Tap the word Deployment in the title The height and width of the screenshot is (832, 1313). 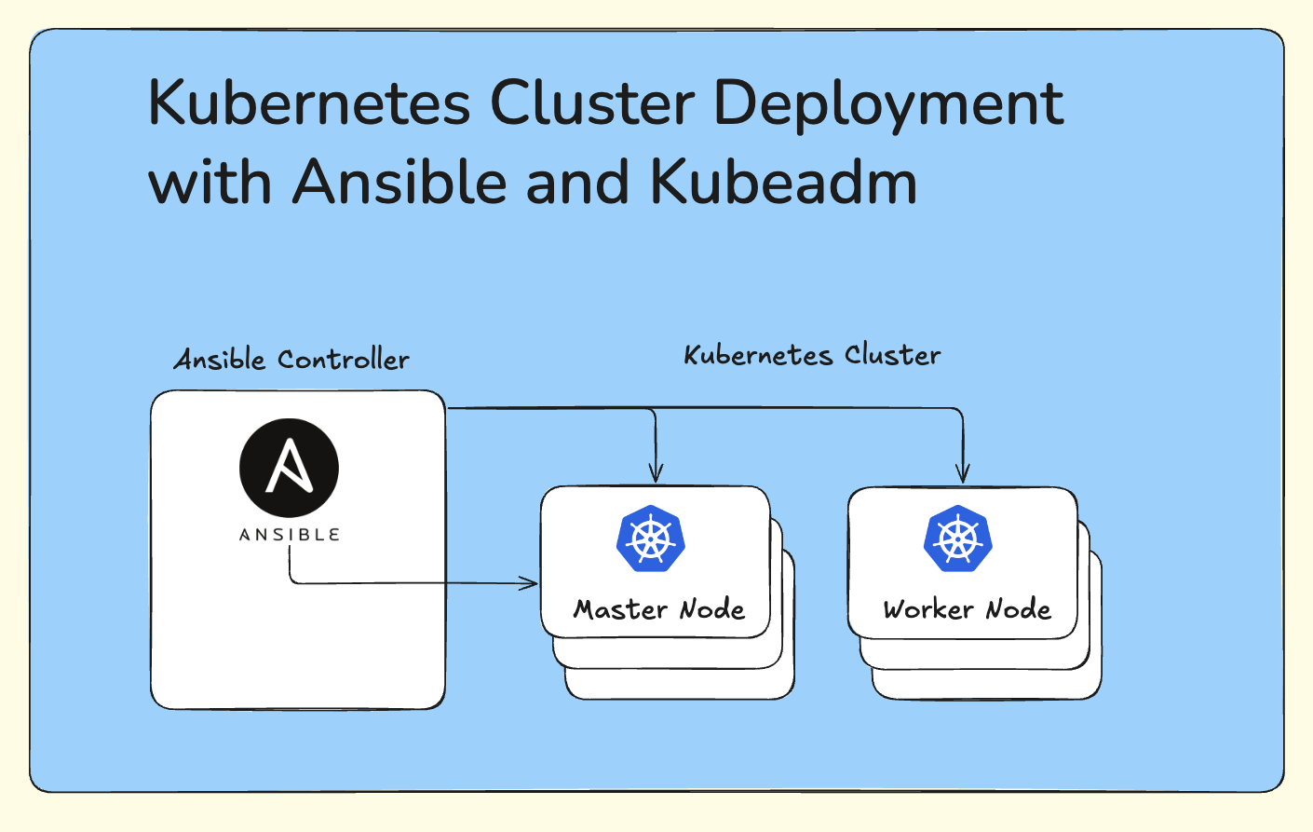point(888,104)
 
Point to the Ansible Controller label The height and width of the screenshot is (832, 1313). point(291,360)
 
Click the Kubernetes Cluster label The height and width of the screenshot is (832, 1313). point(812,355)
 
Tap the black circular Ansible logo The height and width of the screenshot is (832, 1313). point(289,468)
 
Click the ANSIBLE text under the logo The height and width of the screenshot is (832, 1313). point(289,535)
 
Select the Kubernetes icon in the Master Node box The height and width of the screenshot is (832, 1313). point(651,539)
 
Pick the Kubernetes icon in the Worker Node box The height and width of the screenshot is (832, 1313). point(958,539)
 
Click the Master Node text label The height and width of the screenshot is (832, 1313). point(658,609)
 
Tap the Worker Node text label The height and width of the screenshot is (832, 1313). point(967,609)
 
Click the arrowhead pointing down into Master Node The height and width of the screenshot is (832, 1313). point(656,475)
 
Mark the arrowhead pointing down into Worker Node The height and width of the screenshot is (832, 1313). point(963,475)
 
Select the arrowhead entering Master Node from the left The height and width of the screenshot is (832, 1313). point(531,583)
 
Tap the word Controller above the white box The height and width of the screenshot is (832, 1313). point(343,360)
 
